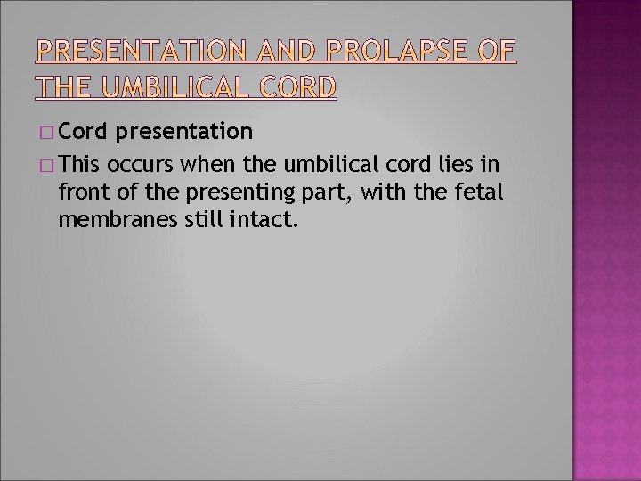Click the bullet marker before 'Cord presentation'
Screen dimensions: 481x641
tap(46, 134)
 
